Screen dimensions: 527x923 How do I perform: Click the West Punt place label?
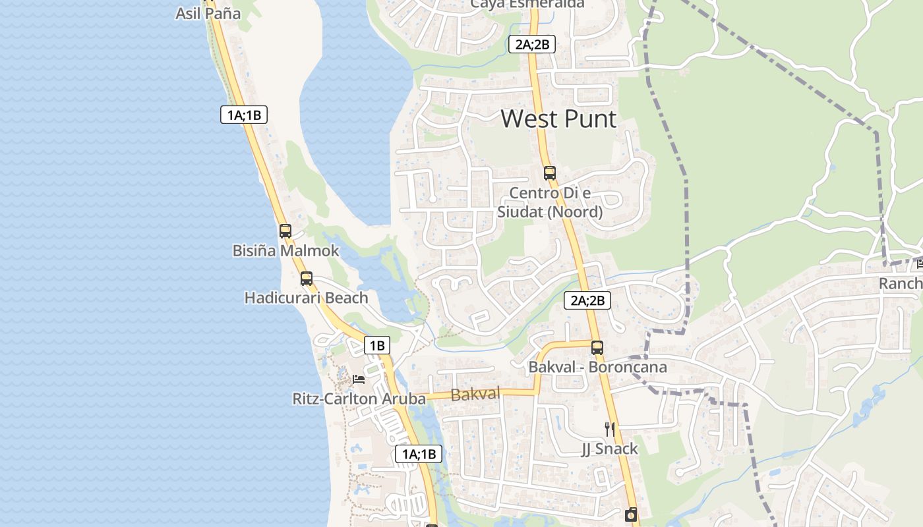(x=558, y=119)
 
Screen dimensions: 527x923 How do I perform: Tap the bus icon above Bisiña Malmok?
(x=285, y=231)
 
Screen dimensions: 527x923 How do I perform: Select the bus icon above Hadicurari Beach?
(x=307, y=279)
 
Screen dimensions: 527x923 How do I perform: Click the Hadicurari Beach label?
(x=306, y=298)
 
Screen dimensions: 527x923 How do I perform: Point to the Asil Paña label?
(x=208, y=13)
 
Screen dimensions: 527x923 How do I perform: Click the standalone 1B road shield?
(x=376, y=345)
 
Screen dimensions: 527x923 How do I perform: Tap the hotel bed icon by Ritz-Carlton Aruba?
(x=359, y=379)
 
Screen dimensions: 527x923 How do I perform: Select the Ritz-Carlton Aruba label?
(x=359, y=399)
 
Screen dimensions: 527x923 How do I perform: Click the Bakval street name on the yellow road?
(x=475, y=395)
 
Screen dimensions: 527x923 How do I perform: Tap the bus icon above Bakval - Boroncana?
(x=597, y=347)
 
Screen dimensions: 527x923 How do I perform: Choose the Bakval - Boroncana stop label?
(x=597, y=367)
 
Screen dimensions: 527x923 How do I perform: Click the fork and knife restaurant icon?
(x=610, y=430)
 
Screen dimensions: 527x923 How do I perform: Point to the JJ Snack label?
(x=609, y=449)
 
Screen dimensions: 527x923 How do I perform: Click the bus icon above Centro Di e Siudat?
(x=550, y=173)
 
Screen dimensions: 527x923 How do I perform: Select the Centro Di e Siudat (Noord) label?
(x=550, y=202)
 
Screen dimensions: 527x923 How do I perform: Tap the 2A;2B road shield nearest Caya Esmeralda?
(x=532, y=45)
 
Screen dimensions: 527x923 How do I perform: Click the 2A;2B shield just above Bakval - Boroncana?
(x=587, y=301)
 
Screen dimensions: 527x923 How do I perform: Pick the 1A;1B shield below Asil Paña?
(x=244, y=115)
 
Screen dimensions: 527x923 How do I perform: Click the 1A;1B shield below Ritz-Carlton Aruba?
(x=418, y=454)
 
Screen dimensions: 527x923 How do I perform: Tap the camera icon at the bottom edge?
(x=631, y=514)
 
